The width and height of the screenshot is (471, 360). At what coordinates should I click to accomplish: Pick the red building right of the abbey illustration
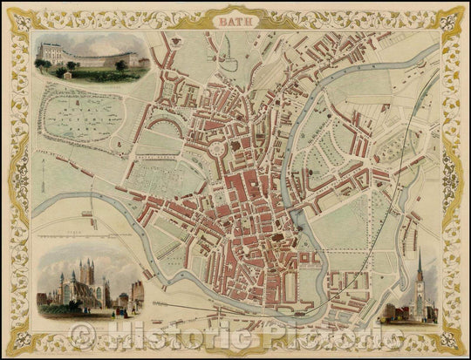[x=137, y=293]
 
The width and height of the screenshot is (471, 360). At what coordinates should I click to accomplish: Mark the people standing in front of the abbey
[x=122, y=308]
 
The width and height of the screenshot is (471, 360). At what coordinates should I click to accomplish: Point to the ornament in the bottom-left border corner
[x=18, y=342]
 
